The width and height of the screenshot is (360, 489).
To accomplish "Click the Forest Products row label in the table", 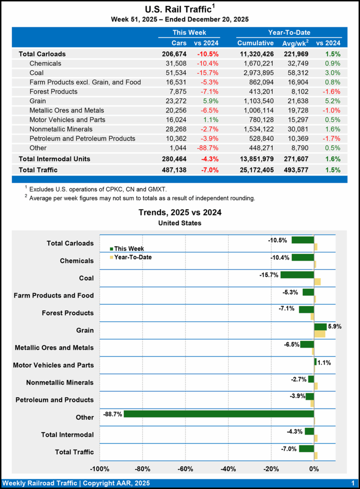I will pyautogui.click(x=53, y=91).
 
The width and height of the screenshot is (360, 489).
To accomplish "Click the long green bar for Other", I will pyautogui.click(x=219, y=414).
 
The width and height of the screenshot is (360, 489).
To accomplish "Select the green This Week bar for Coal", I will pyautogui.click(x=297, y=275).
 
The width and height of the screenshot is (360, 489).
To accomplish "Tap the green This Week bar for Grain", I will pyautogui.click(x=320, y=327).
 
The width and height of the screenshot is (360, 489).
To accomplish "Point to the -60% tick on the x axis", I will pyautogui.click(x=186, y=468).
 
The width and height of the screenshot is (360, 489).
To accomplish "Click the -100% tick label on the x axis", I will pyautogui.click(x=100, y=468).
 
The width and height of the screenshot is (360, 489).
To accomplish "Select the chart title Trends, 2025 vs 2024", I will pyautogui.click(x=180, y=213).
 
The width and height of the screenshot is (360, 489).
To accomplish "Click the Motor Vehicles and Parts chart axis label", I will pyautogui.click(x=53, y=365).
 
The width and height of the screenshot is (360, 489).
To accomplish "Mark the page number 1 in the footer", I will pyautogui.click(x=352, y=483).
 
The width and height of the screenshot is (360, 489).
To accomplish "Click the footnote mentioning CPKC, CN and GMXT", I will pyautogui.click(x=97, y=190).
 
